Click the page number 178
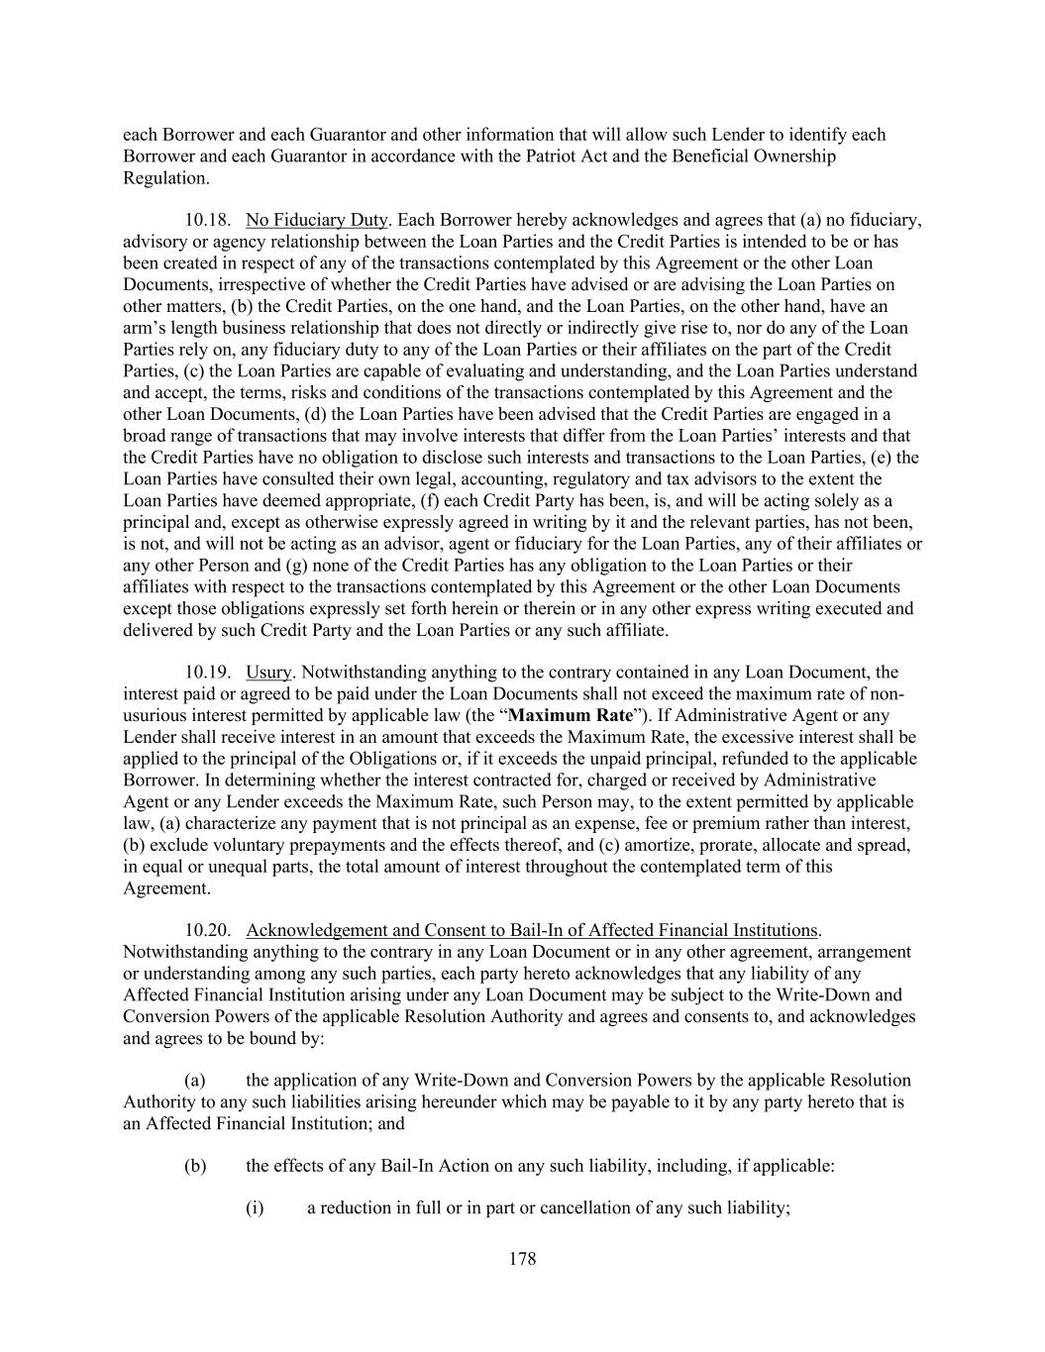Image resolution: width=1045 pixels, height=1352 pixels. click(522, 1259)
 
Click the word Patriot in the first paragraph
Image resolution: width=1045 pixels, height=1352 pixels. click(659, 156)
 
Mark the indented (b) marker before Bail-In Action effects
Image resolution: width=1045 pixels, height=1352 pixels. click(195, 1166)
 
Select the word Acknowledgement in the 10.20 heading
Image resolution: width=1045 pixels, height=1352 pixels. click(316, 931)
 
